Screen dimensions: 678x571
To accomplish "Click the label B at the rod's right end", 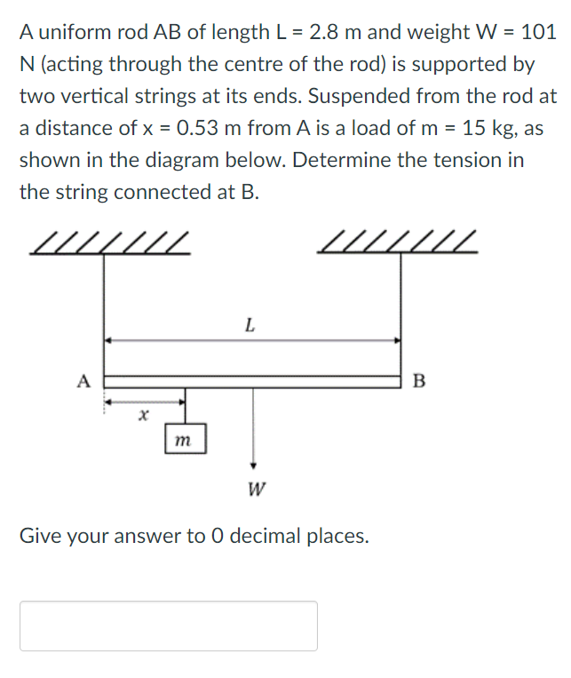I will pyautogui.click(x=419, y=382).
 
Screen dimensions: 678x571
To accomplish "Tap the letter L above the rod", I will pyautogui.click(x=250, y=325).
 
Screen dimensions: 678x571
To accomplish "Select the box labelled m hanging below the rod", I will pyautogui.click(x=186, y=439).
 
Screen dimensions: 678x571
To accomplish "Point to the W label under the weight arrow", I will pyautogui.click(x=254, y=489).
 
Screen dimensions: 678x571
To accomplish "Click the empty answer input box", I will pyautogui.click(x=169, y=626).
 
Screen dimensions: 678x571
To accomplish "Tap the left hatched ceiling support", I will pyautogui.click(x=112, y=243).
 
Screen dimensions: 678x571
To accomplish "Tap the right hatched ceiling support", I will pyautogui.click(x=399, y=243).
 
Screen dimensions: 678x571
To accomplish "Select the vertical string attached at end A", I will pyautogui.click(x=104, y=311).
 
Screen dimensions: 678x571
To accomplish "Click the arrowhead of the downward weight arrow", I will pyautogui.click(x=254, y=465).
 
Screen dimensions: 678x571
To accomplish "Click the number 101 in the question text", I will pyautogui.click(x=539, y=32).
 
